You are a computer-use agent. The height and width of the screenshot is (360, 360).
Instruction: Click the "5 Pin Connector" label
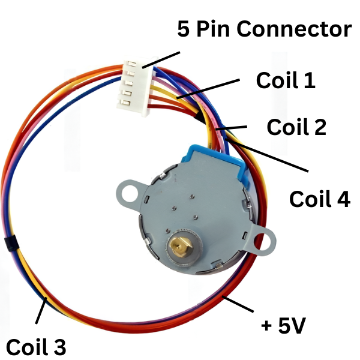tap(264, 28)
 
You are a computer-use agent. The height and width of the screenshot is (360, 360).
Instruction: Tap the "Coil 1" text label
tap(286, 80)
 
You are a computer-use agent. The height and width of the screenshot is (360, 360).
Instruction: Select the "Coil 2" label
tap(296, 127)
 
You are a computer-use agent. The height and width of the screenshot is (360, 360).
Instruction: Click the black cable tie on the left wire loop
tap(8, 244)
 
